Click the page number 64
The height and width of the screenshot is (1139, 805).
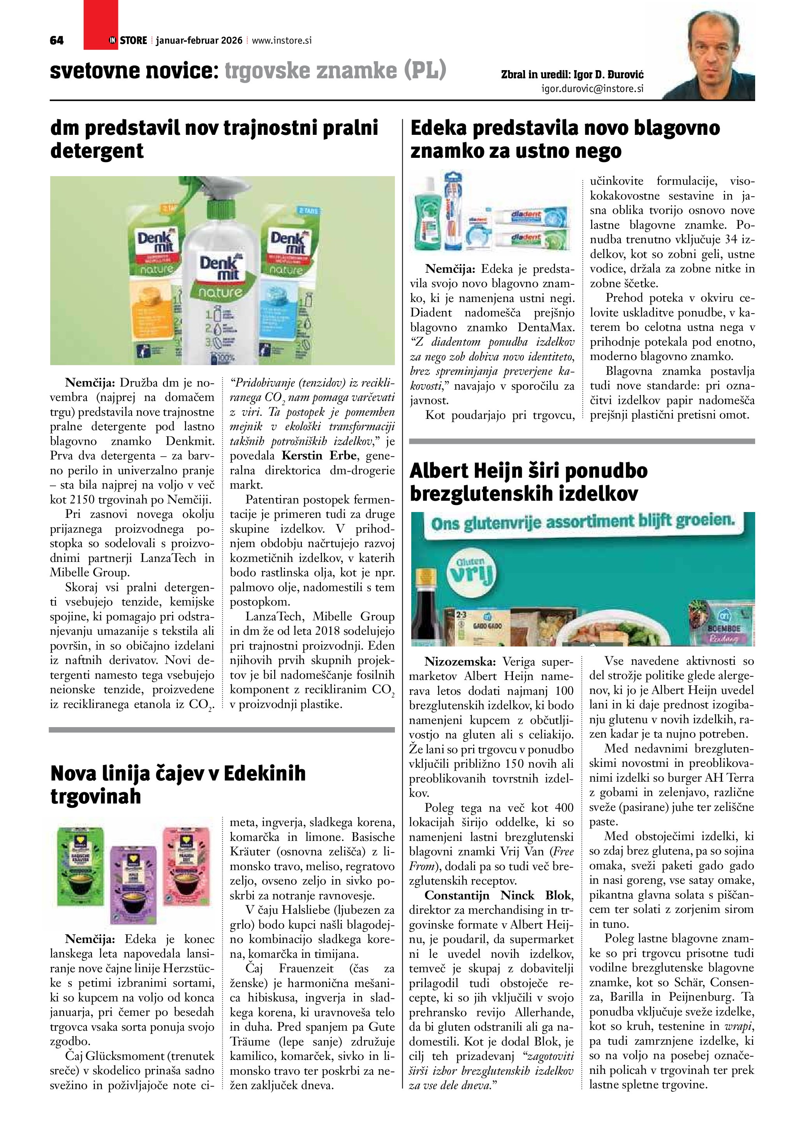pyautogui.click(x=56, y=41)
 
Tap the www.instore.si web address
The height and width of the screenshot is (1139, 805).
pyautogui.click(x=282, y=41)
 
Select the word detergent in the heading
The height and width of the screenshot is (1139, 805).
pyautogui.click(x=97, y=151)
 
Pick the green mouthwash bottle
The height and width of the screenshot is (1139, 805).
pyautogui.click(x=430, y=213)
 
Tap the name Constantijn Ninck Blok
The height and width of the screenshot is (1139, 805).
pyautogui.click(x=498, y=895)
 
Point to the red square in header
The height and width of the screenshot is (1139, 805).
pyautogui.click(x=100, y=25)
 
